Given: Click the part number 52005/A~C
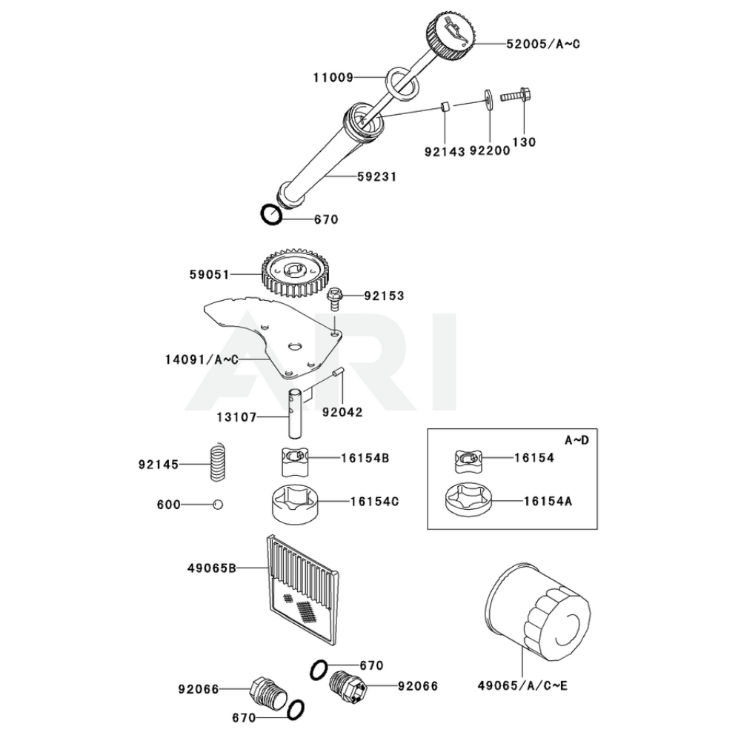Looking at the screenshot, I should [x=543, y=44].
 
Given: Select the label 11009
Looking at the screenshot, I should [x=333, y=76].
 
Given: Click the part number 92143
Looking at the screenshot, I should [x=445, y=152].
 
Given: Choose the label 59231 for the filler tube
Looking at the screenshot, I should [x=376, y=177].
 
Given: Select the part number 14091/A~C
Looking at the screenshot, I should [x=202, y=359].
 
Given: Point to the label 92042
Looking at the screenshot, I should [x=342, y=411].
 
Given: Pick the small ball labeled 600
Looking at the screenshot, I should [x=217, y=504].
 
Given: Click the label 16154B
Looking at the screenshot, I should [x=365, y=458].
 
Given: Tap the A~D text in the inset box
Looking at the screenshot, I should [x=576, y=440].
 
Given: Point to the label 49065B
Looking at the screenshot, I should [x=211, y=568].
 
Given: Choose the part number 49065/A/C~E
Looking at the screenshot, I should [x=523, y=685].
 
